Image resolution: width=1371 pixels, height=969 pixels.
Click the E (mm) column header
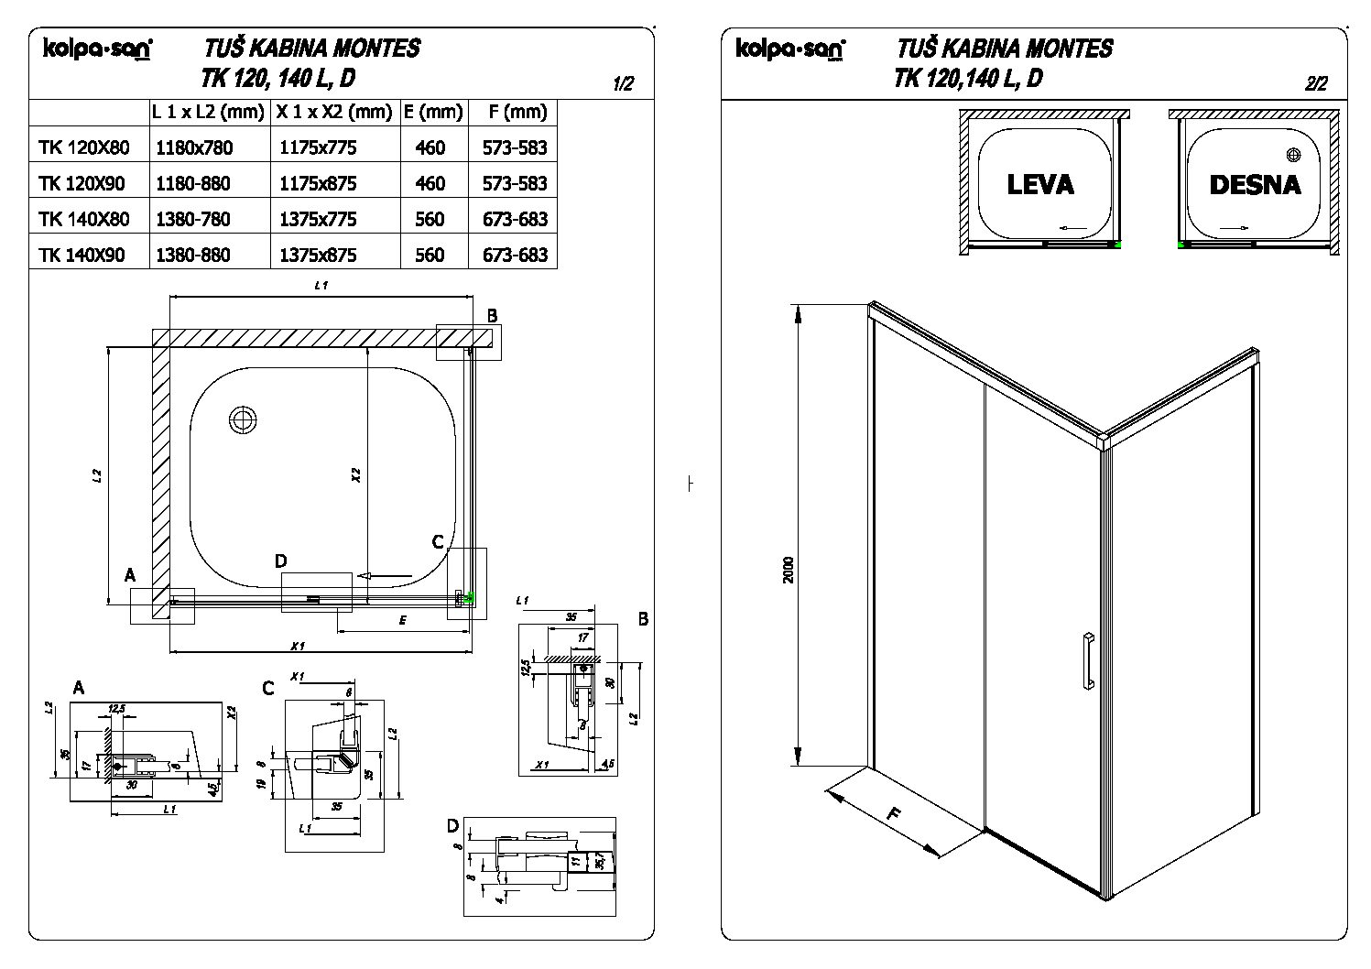point(433,112)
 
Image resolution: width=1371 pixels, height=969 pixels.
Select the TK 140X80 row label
point(84,219)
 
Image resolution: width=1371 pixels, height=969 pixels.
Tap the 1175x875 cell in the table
point(317,183)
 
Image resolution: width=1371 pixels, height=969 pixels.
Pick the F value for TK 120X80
point(515,147)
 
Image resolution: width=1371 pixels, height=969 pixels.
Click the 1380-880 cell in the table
point(193,255)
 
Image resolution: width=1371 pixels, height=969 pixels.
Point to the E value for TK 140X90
point(430,255)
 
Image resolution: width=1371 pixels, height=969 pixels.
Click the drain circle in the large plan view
point(243,419)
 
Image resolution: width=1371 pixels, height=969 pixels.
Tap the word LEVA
point(1039,185)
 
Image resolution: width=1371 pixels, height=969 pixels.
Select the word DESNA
point(1255,185)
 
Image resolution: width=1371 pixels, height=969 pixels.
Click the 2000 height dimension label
point(790,569)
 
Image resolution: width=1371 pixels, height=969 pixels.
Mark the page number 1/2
point(622,84)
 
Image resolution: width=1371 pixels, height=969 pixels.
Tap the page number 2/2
point(1315,84)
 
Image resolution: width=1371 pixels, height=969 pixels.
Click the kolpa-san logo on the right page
point(789,49)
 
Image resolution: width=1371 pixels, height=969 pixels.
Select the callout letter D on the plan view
point(281,561)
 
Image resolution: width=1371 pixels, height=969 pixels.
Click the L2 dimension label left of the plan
point(96,475)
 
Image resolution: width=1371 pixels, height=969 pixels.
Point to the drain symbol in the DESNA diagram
point(1293,154)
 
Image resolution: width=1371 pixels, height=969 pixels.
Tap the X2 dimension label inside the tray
point(356,475)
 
